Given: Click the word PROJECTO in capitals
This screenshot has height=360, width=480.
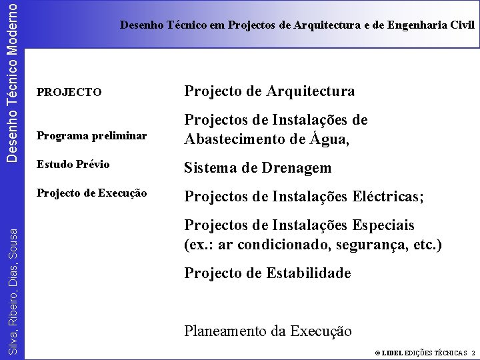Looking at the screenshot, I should click(x=69, y=92).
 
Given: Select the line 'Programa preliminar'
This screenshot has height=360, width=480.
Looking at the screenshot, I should click(x=91, y=136).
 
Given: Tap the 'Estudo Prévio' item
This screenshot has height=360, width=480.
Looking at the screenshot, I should click(x=73, y=164).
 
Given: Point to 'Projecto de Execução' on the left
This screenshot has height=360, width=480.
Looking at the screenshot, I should click(x=91, y=193).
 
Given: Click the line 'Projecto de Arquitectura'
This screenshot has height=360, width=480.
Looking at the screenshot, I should click(x=269, y=91).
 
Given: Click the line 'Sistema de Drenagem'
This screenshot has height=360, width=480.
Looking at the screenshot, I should click(x=257, y=167).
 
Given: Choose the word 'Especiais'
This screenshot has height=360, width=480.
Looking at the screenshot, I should click(x=382, y=225).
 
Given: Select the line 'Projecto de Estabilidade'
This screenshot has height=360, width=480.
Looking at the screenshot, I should click(x=267, y=273).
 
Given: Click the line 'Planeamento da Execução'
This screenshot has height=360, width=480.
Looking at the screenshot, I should click(x=268, y=331).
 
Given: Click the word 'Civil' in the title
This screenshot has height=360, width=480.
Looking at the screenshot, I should click(x=462, y=25).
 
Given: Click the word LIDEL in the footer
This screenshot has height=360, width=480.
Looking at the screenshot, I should click(x=392, y=353).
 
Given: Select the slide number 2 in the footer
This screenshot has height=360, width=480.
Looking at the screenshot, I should click(x=473, y=353).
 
